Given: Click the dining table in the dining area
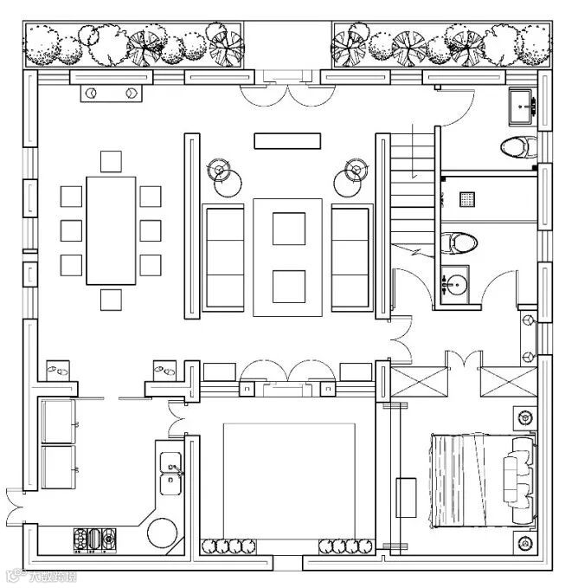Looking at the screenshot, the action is click(x=112, y=230).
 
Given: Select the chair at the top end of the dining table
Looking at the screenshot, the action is click(x=112, y=162).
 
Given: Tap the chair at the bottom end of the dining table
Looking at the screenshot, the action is click(x=112, y=300).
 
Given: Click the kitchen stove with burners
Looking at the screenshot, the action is click(x=95, y=540).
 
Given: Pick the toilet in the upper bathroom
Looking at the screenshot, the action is click(x=516, y=147).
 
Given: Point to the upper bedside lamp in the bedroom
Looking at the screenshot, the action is click(x=524, y=416).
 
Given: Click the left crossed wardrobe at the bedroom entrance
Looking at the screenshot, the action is click(x=410, y=382).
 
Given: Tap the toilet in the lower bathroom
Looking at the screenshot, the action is click(x=459, y=240).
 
